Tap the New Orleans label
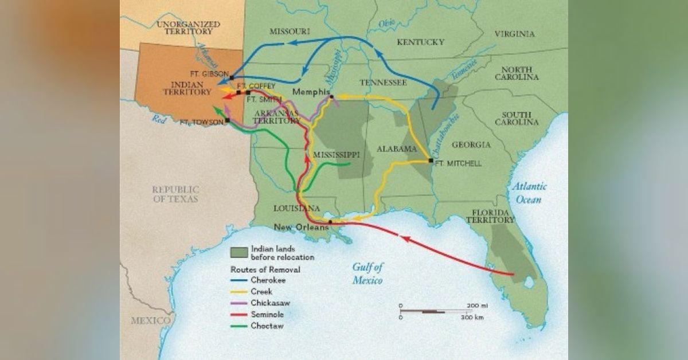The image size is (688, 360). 301,227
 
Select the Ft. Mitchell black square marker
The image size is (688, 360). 431,161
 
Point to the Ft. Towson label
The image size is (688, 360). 201,122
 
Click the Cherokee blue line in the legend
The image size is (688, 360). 239,280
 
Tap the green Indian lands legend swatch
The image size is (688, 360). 239,252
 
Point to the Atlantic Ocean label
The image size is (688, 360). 530,193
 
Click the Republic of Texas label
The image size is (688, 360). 175,194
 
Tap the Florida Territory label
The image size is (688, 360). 490,215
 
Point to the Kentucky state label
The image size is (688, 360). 420,42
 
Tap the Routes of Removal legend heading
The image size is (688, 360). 265,269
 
